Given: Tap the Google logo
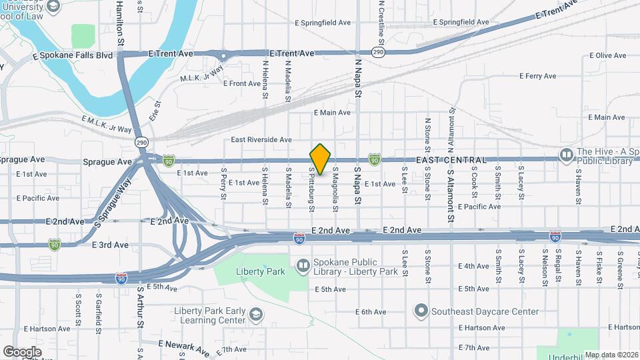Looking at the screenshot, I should (22, 352).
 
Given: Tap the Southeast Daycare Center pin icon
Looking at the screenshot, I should (421, 311).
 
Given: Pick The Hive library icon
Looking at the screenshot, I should (567, 155).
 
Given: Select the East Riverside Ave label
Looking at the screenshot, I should (261, 140).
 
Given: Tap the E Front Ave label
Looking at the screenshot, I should (241, 83).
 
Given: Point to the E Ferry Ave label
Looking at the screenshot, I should (540, 77).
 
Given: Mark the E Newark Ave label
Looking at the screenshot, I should (183, 347).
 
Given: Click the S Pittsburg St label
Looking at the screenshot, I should (311, 189).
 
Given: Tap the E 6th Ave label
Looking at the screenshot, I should (371, 311).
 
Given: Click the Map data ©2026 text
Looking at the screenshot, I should (611, 355).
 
